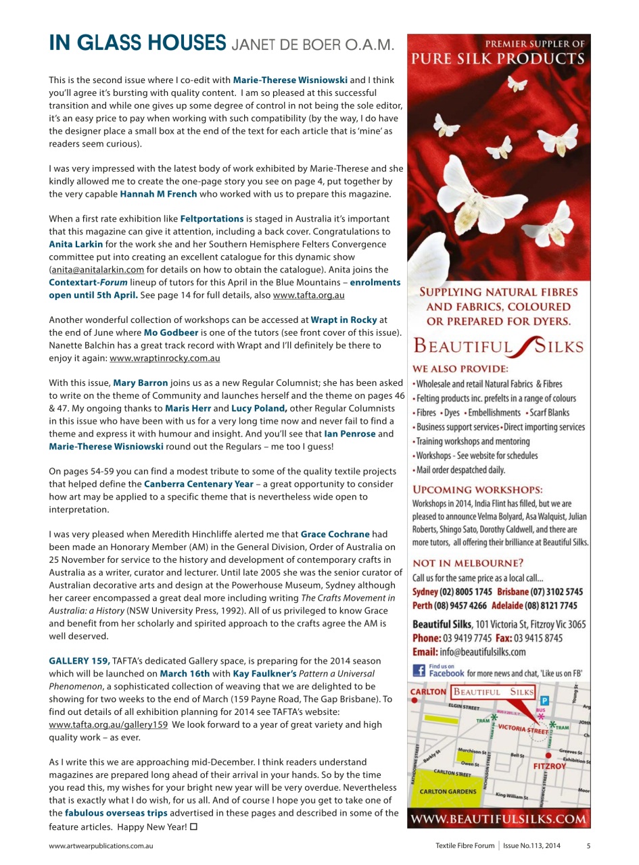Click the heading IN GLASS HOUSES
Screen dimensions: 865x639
(x=137, y=43)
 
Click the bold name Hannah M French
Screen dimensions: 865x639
(x=158, y=194)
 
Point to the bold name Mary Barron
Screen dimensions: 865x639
(x=140, y=383)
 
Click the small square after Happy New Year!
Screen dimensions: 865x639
(x=194, y=826)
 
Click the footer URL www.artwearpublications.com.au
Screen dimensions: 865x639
(x=101, y=845)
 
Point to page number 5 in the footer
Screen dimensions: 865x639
(x=588, y=845)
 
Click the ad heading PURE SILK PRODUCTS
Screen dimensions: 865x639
(x=498, y=59)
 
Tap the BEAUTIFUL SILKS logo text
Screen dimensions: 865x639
(x=498, y=347)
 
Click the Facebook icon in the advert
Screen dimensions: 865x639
(x=419, y=671)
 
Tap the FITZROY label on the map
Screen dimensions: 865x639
(x=549, y=766)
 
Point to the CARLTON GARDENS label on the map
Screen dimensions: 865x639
(x=447, y=791)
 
